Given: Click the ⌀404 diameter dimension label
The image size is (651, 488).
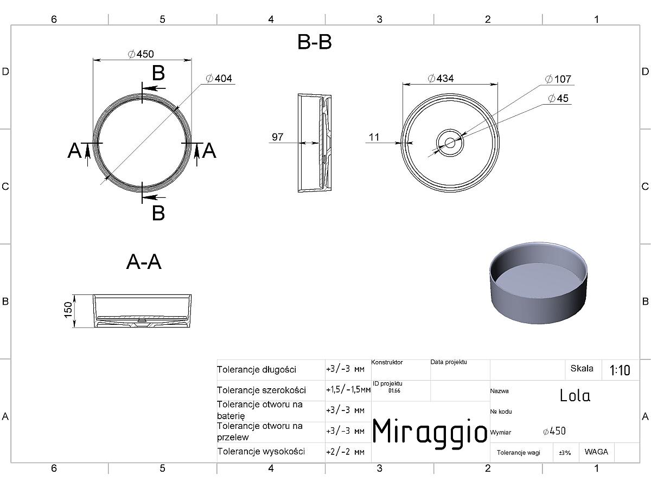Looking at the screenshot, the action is tap(219, 79).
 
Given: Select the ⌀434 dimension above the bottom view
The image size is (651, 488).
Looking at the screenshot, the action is tap(441, 79).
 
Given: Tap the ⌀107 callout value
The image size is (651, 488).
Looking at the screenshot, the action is tap(558, 79).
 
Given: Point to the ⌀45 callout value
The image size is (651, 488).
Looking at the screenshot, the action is tap(558, 98).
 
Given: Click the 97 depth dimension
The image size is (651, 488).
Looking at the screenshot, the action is tap(277, 137).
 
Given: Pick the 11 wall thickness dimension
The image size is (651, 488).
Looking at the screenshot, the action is tap(374, 137).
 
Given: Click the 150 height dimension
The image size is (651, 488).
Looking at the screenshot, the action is tap(68, 310).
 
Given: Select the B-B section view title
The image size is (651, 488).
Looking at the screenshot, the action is tap(314, 42).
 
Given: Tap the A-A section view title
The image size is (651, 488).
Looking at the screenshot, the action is tap(144, 262).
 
